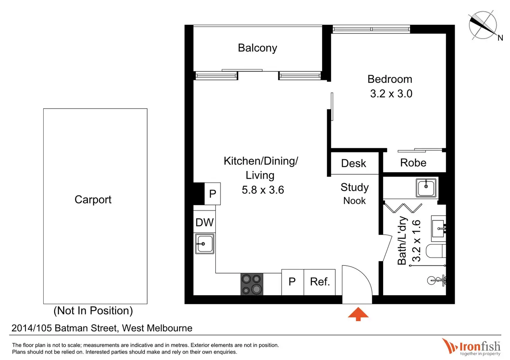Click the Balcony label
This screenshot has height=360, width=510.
257,48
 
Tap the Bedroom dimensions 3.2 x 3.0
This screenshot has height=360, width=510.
391,93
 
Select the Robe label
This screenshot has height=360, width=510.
413,163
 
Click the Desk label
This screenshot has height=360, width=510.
353,163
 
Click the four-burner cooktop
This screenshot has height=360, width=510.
252,284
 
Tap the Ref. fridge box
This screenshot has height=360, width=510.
319,282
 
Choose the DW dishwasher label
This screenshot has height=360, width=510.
204,222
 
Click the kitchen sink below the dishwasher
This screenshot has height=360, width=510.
204,244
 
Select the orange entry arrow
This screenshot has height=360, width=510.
358,314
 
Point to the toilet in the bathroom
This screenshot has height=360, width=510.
435,251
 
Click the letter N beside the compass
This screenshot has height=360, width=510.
500,38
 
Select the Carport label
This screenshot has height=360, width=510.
93,199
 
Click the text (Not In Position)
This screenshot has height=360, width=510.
93,310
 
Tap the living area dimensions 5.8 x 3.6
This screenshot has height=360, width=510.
263,190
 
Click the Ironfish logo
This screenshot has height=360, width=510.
472,346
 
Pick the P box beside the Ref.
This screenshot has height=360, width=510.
292,282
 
